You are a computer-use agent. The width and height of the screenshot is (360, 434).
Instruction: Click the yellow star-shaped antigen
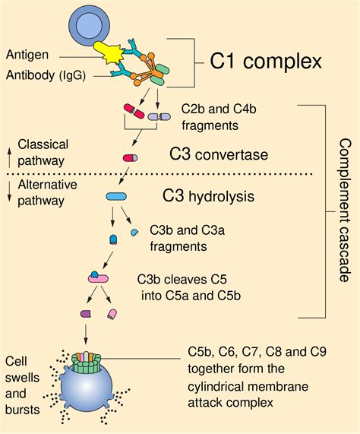pyautogui.click(x=108, y=55)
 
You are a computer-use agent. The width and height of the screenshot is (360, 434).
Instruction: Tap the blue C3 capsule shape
pyautogui.click(x=116, y=197)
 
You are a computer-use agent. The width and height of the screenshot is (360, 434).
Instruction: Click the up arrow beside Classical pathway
pyautogui.click(x=8, y=151)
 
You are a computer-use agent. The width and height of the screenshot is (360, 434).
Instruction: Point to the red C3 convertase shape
pyautogui.click(x=130, y=158)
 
